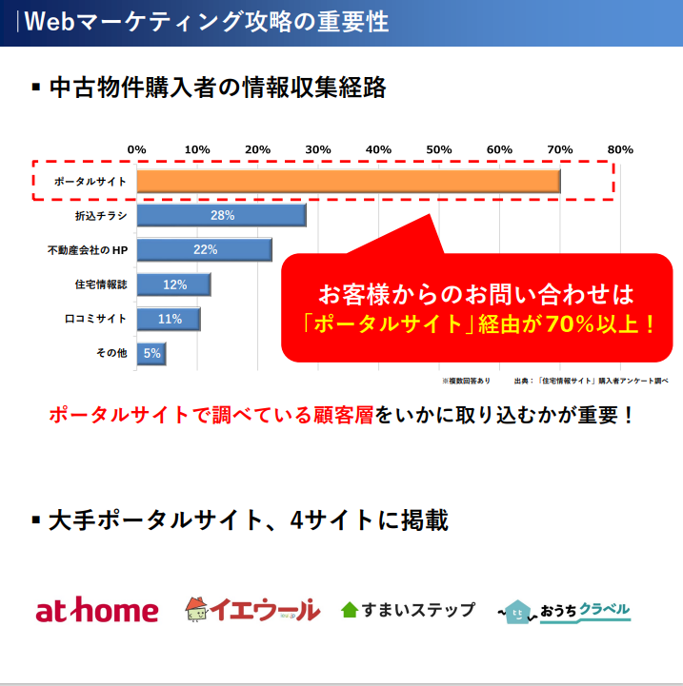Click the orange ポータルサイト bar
pos(348,180)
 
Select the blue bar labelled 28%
pos(221,215)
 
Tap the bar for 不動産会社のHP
pos(204,249)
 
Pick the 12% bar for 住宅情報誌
pos(173,284)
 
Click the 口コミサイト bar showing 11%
pos(169,319)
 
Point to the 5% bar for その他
pos(151,353)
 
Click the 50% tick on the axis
pos(438,149)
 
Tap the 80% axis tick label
pos(620,149)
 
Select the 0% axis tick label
pos(136,149)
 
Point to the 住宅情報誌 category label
pos(101,284)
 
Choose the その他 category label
pos(110,353)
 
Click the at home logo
pos(97,610)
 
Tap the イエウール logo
pos(252,609)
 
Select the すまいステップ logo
pos(408,610)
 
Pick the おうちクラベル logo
pos(566,610)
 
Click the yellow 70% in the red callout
pos(568,323)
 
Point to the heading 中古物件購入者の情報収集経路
pos(217,88)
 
